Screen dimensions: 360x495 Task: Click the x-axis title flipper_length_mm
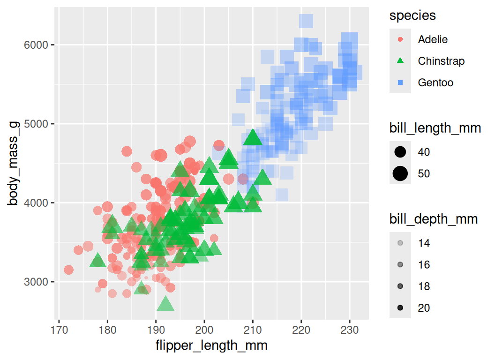click(211, 346)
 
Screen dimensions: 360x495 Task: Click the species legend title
click(412, 15)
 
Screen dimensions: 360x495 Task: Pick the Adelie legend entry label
click(433, 39)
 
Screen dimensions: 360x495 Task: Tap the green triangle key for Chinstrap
click(400, 60)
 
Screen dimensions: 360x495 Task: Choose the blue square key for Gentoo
click(400, 82)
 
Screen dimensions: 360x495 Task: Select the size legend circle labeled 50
click(400, 173)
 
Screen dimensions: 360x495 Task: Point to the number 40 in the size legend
click(424, 152)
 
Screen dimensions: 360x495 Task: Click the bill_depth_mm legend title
click(434, 219)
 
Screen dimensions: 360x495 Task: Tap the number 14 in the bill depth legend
click(424, 243)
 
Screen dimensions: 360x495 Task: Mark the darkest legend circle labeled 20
click(400, 308)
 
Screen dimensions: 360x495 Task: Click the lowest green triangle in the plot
click(165, 304)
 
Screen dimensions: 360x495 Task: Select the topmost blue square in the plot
click(306, 21)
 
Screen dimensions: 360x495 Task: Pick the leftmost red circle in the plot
click(68, 270)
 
